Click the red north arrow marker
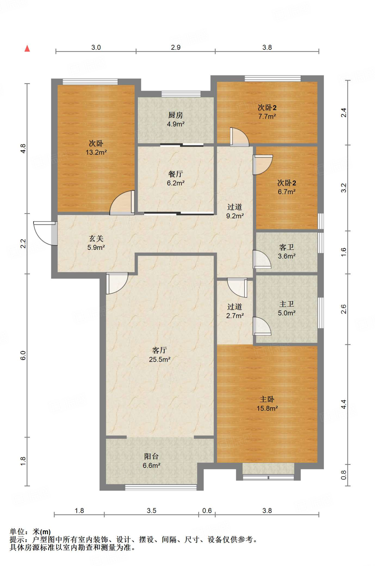point(27,49)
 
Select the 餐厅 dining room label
point(176,178)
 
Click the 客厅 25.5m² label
point(160,355)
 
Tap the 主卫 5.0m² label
point(287,308)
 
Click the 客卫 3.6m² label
point(287,251)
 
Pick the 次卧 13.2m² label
point(96,148)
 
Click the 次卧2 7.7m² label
point(267,112)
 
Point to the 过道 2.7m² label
point(235,311)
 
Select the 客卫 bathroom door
point(262,259)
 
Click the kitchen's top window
point(181,94)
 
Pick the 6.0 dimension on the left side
point(23,355)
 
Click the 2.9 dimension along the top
point(176,47)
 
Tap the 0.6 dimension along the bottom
point(207,510)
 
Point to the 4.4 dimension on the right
point(343,404)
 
